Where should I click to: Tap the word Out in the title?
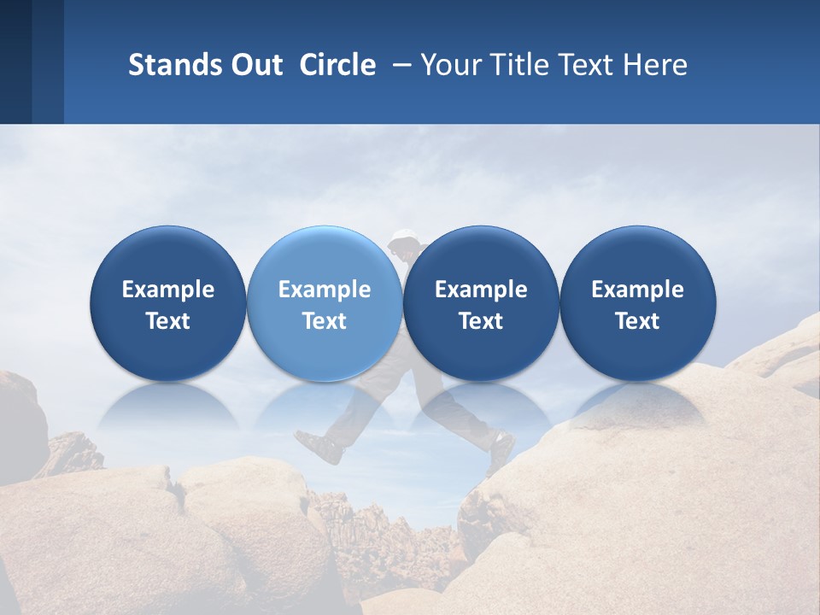(255, 65)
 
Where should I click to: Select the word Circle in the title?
(337, 65)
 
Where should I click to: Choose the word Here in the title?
(656, 65)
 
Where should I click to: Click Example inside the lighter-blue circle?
(325, 290)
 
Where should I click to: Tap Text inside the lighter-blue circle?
(325, 321)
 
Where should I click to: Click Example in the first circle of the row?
(168, 290)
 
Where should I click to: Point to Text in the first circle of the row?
(168, 321)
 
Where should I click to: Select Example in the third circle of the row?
(481, 290)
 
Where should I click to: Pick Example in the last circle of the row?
(637, 290)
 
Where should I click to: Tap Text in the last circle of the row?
(637, 321)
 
